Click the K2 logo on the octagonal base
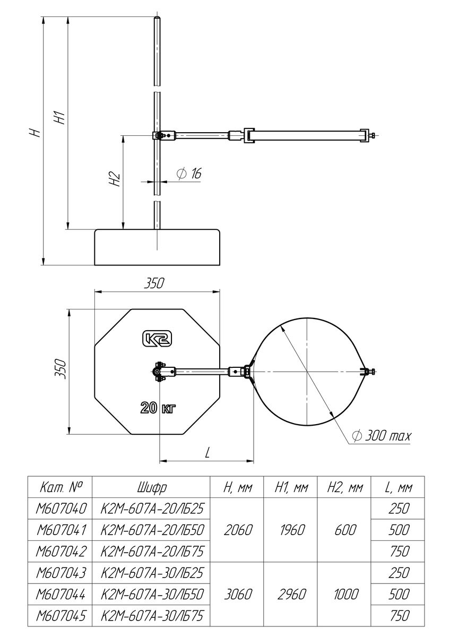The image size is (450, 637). [x=157, y=339]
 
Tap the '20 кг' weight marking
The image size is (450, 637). [x=158, y=408]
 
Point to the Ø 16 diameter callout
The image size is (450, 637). [x=189, y=173]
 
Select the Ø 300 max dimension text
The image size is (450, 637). [x=381, y=435]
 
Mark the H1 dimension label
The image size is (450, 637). [x=60, y=117]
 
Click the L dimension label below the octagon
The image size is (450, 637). [x=207, y=453]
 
